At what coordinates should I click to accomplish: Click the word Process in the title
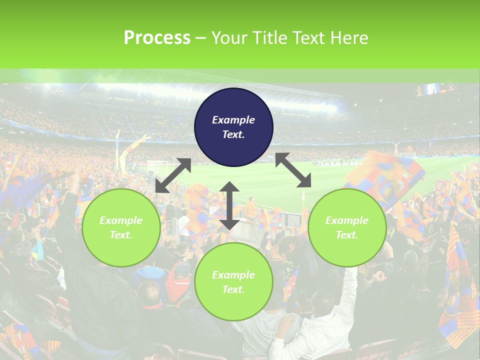(157, 38)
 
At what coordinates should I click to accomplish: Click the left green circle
(121, 227)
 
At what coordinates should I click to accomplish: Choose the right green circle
(347, 227)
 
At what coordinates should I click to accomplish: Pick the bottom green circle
(233, 282)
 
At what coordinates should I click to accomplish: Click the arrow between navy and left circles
(173, 175)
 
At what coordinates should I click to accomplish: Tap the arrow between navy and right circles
(293, 170)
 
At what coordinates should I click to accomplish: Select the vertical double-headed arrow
(229, 205)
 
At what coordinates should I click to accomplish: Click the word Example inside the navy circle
(233, 120)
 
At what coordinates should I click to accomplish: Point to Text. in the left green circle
(121, 235)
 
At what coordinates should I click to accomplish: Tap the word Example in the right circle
(347, 220)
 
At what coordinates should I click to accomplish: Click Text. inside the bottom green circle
(233, 289)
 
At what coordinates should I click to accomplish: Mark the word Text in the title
(309, 38)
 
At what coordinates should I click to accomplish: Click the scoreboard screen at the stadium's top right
(431, 89)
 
